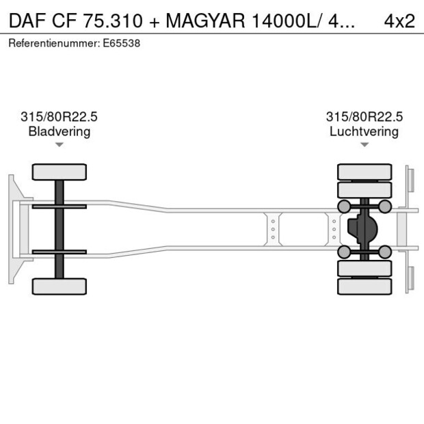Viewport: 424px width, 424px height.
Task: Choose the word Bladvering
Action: pos(59,131)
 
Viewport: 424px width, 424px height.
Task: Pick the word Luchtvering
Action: pos(364,131)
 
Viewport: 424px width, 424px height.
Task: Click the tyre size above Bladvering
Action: pos(59,117)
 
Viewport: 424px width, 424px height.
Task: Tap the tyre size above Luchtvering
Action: pos(364,117)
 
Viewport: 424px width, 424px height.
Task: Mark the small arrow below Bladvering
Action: pos(59,145)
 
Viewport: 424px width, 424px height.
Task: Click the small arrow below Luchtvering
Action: pos(364,145)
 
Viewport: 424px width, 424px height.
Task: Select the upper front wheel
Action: pos(59,172)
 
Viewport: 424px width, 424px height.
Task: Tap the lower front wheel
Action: pos(59,286)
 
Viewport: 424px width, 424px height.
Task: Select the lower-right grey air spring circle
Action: pos(385,252)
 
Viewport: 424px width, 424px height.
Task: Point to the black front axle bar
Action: pos(59,228)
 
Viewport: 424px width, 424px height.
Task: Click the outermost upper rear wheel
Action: pos(365,172)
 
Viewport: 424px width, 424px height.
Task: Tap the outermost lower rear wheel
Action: pos(365,287)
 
